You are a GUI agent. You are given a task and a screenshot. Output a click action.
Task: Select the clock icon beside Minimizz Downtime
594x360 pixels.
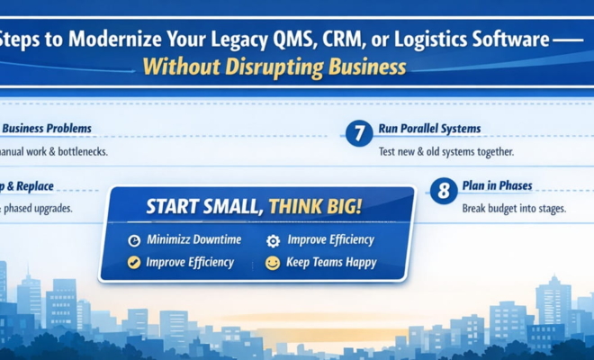click(134, 241)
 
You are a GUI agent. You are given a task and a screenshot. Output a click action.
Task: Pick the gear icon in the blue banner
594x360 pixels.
click(273, 241)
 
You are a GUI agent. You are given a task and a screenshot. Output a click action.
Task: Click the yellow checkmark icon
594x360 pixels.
click(134, 263)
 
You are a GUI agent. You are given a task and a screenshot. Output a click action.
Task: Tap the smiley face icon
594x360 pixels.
click(273, 263)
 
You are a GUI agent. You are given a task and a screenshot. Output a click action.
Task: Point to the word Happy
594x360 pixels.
click(358, 263)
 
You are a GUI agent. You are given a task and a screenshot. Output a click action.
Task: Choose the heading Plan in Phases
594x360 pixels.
click(497, 185)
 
